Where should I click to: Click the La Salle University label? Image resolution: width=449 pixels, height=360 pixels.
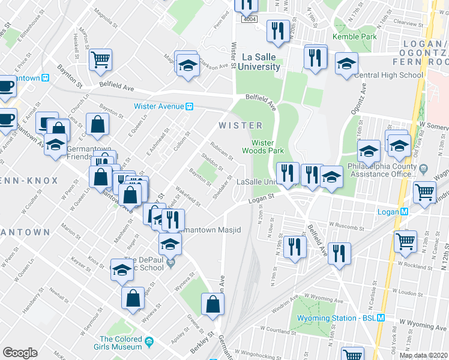(261, 61)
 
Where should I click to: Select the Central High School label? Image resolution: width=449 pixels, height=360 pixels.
(388, 75)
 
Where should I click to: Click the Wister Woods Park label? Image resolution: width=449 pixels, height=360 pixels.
(263, 147)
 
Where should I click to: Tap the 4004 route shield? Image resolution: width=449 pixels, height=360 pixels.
(249, 20)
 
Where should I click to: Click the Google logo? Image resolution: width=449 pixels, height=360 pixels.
(20, 353)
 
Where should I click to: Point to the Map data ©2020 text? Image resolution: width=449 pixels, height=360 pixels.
(423, 355)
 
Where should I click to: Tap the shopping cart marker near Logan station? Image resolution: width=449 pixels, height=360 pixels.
(425, 193)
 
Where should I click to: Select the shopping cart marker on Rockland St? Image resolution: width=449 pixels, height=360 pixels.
(405, 241)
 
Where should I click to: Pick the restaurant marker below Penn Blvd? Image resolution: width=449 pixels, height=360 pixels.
(277, 31)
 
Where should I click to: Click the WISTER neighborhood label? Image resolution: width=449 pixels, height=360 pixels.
(240, 125)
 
